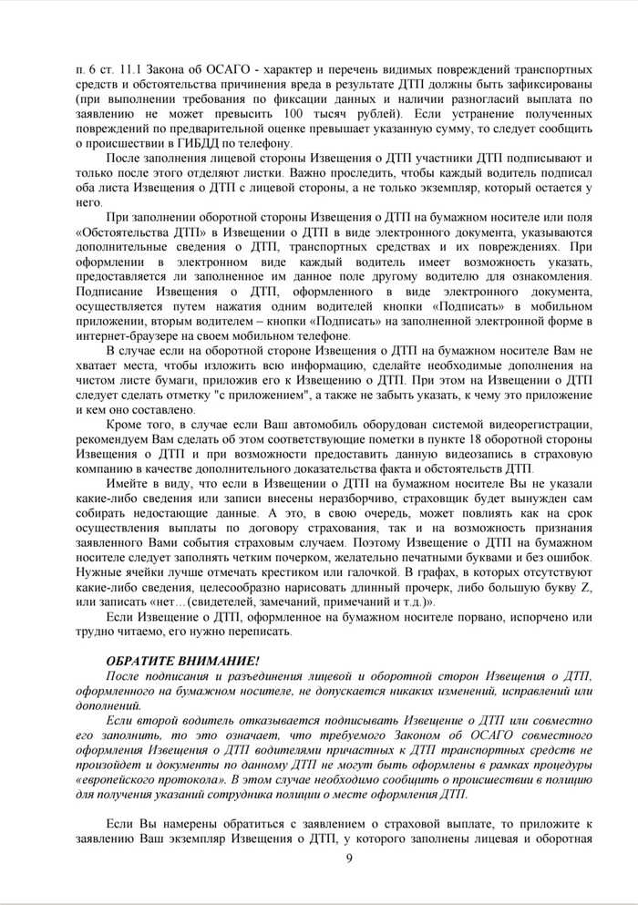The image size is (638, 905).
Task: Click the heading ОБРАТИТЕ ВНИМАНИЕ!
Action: [x=170, y=659]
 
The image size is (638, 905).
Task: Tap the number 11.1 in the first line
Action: [x=139, y=70]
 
